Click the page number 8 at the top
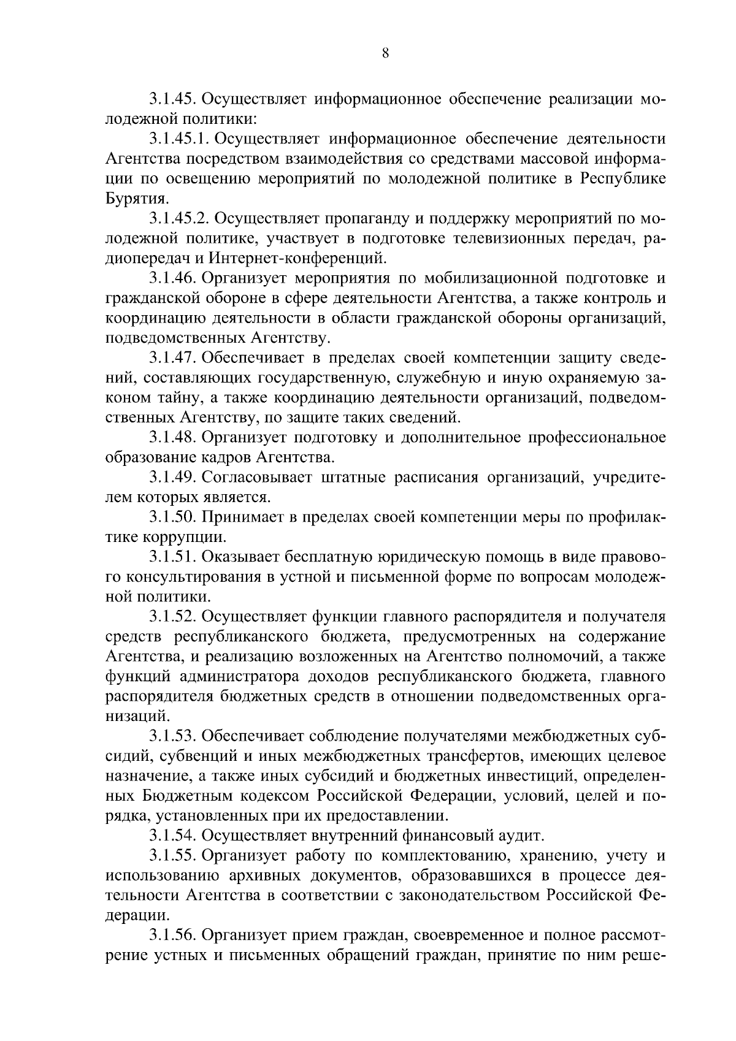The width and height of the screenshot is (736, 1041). click(x=385, y=53)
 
